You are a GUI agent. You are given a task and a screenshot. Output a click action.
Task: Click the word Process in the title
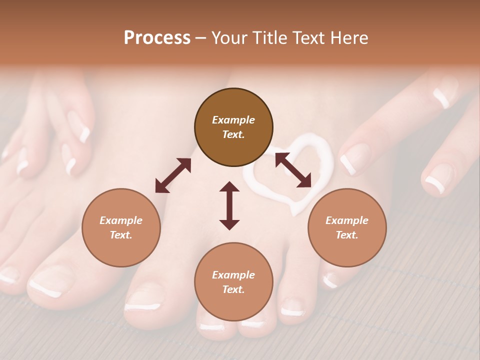(157, 38)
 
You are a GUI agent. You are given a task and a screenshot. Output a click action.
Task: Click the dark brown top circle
(233, 127)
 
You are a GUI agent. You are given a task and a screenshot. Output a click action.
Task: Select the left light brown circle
(121, 227)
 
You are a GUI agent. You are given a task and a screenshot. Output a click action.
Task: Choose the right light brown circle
(347, 227)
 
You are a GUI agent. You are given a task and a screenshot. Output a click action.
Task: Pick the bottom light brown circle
(233, 282)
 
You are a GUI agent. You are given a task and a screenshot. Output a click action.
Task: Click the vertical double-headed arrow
(229, 205)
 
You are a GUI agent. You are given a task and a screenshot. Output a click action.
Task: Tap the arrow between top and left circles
(173, 175)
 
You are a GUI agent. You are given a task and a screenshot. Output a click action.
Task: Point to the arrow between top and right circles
(293, 170)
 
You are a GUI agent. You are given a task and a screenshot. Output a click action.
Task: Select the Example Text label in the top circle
(233, 127)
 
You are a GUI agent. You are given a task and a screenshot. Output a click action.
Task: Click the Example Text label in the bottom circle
(233, 282)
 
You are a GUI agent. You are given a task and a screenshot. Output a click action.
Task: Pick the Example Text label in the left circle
(121, 227)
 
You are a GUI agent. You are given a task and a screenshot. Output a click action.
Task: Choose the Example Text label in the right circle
(347, 227)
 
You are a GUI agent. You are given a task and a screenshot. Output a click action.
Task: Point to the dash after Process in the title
(201, 38)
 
